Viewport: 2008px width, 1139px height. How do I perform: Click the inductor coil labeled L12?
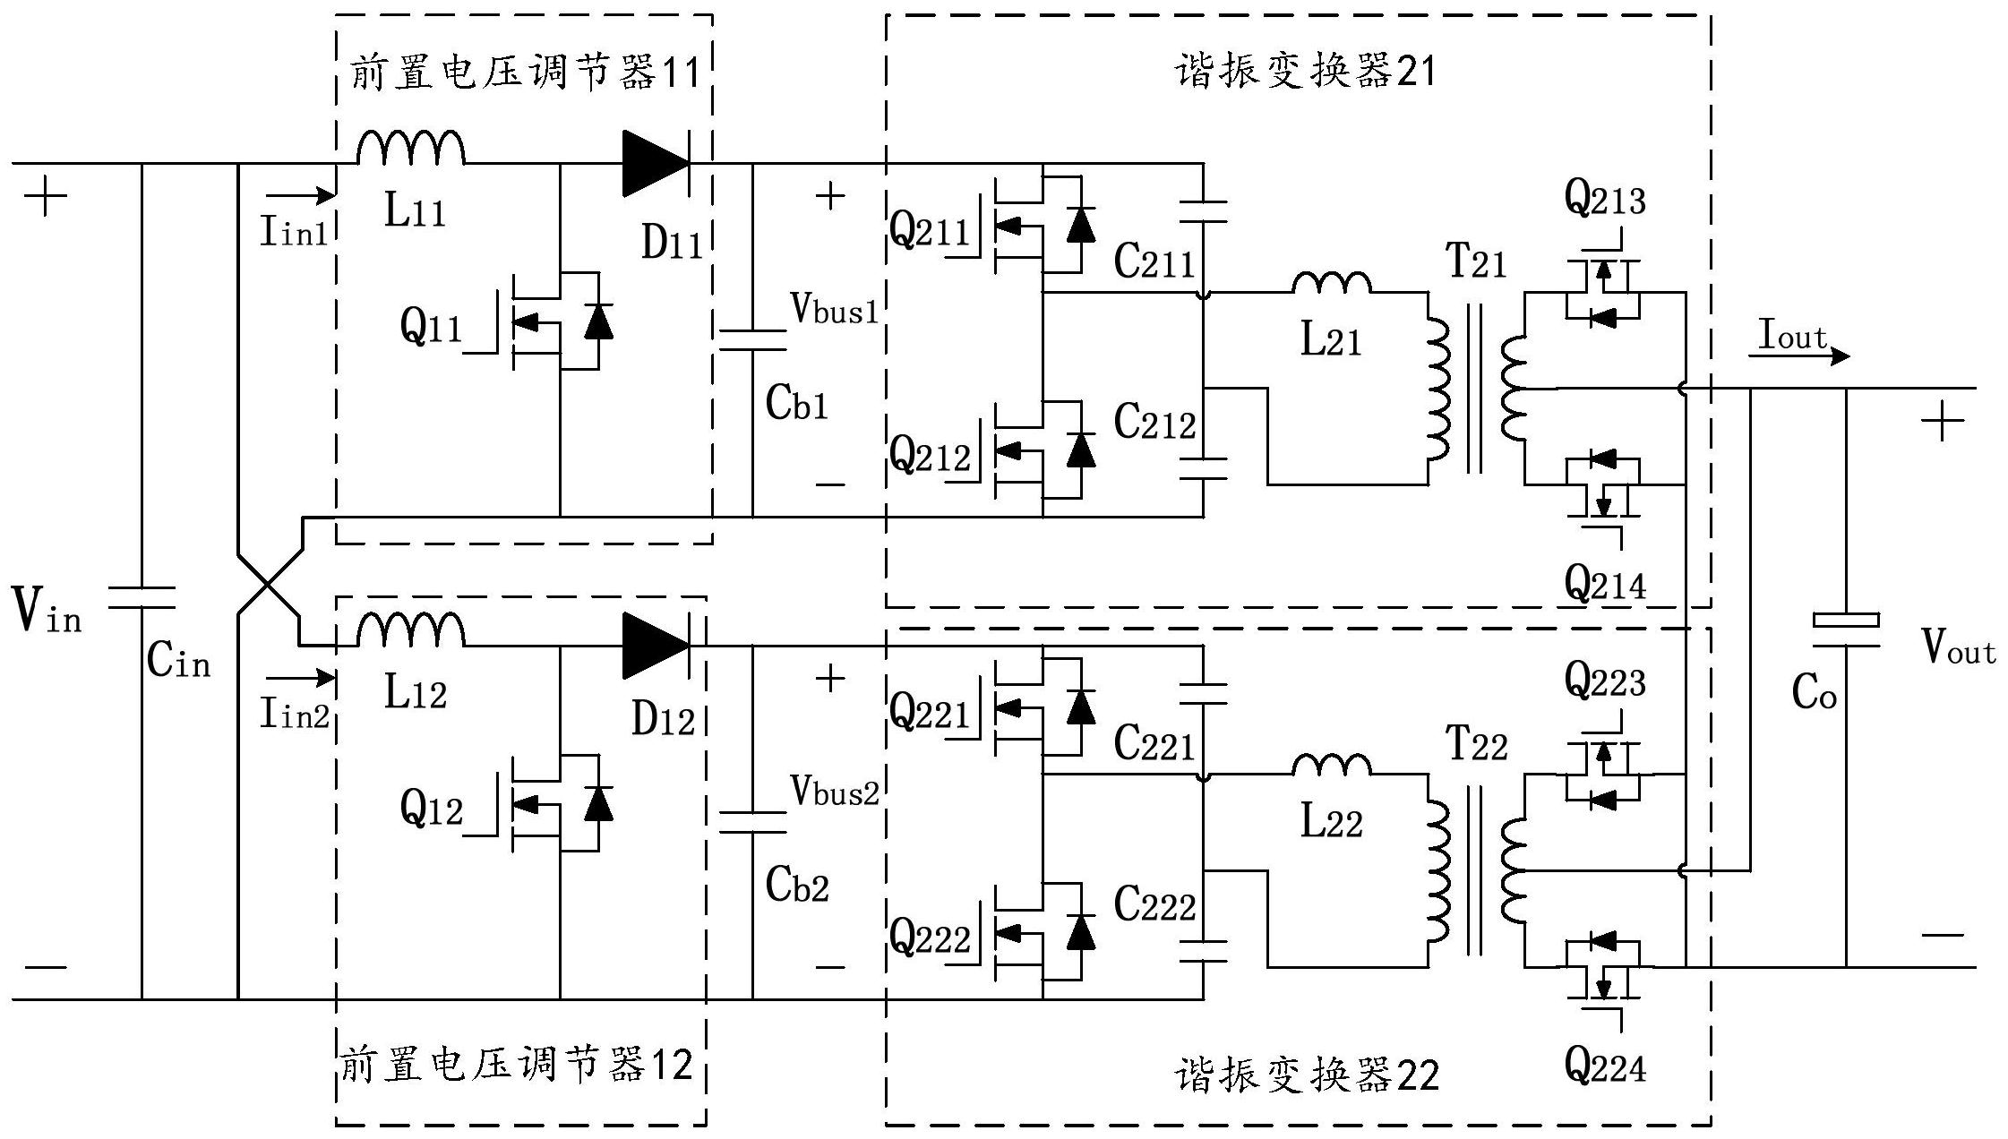[410, 632]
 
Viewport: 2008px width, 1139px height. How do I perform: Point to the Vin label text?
[47, 611]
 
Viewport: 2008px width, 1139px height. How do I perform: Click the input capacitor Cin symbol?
[142, 597]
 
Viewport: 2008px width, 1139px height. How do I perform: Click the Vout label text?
[1959, 647]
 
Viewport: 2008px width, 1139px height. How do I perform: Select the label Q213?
[1605, 199]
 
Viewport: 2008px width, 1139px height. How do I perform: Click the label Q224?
[1605, 1066]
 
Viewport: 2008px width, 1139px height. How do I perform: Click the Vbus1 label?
[833, 309]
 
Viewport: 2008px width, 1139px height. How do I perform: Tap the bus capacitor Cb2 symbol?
[752, 822]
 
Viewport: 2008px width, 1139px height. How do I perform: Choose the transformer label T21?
[1476, 262]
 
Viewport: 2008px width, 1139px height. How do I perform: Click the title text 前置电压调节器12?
[517, 1066]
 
